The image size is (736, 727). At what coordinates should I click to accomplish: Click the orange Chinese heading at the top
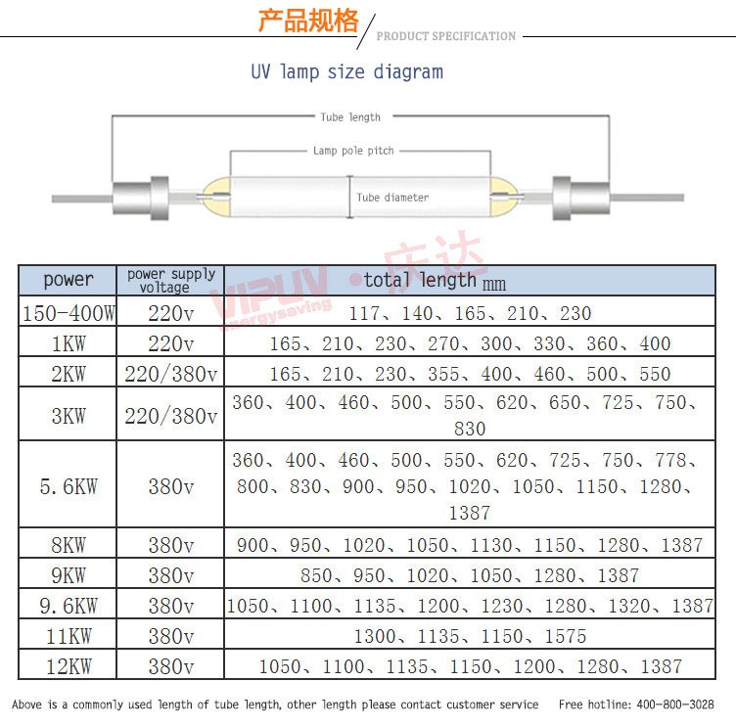tap(308, 21)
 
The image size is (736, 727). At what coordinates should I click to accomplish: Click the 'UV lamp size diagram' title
tap(346, 72)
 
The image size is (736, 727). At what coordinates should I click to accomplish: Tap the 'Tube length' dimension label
tap(350, 117)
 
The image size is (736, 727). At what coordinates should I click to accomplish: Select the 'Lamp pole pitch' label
tap(353, 151)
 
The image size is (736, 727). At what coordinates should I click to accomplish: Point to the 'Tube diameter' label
tap(392, 198)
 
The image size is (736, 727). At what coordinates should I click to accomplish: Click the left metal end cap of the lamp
tap(140, 198)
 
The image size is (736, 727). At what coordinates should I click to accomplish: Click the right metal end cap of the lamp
tap(580, 198)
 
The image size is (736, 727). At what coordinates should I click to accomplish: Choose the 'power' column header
tap(69, 280)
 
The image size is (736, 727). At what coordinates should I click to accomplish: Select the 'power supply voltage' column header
tap(171, 280)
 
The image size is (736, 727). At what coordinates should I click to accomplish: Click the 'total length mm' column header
tap(435, 281)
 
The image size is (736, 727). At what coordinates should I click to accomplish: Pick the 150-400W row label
tap(69, 313)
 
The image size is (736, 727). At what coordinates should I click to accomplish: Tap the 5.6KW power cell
tap(69, 486)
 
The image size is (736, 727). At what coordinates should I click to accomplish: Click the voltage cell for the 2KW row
tap(171, 374)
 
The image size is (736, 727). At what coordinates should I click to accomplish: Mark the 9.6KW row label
tap(69, 606)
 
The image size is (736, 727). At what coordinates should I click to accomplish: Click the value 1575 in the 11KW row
tap(565, 636)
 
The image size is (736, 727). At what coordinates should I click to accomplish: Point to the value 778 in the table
tap(671, 460)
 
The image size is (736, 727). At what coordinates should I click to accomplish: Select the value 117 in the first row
tap(364, 313)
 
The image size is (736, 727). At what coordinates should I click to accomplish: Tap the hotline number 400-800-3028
tap(675, 704)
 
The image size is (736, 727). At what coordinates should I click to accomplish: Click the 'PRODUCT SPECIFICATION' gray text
tap(446, 36)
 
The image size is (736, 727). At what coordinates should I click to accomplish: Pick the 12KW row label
tap(69, 666)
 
